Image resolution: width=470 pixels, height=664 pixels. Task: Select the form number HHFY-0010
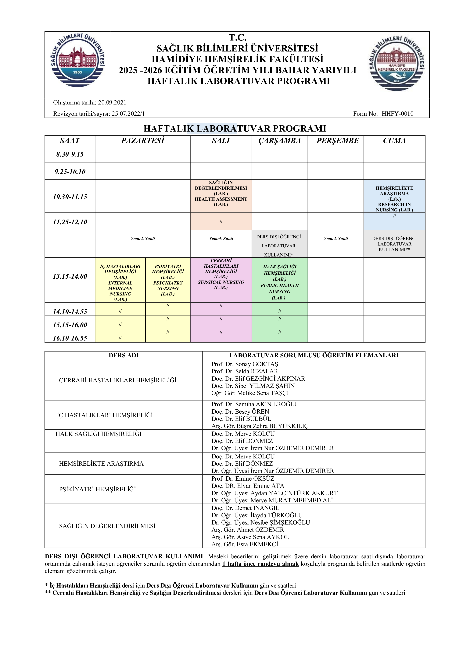[397, 114]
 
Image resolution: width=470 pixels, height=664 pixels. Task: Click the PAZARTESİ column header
[143, 141]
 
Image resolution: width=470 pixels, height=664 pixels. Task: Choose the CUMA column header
[394, 141]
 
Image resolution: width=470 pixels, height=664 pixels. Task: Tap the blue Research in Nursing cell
[394, 199]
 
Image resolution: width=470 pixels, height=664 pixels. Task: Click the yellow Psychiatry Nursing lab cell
[168, 280]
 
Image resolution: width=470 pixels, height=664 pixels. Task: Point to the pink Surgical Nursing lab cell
[221, 274]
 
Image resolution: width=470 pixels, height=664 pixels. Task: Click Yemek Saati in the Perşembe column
[336, 238]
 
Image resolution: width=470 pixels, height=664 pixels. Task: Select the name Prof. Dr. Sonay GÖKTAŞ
[245, 364]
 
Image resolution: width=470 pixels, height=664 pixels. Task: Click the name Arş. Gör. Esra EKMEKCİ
[245, 544]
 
